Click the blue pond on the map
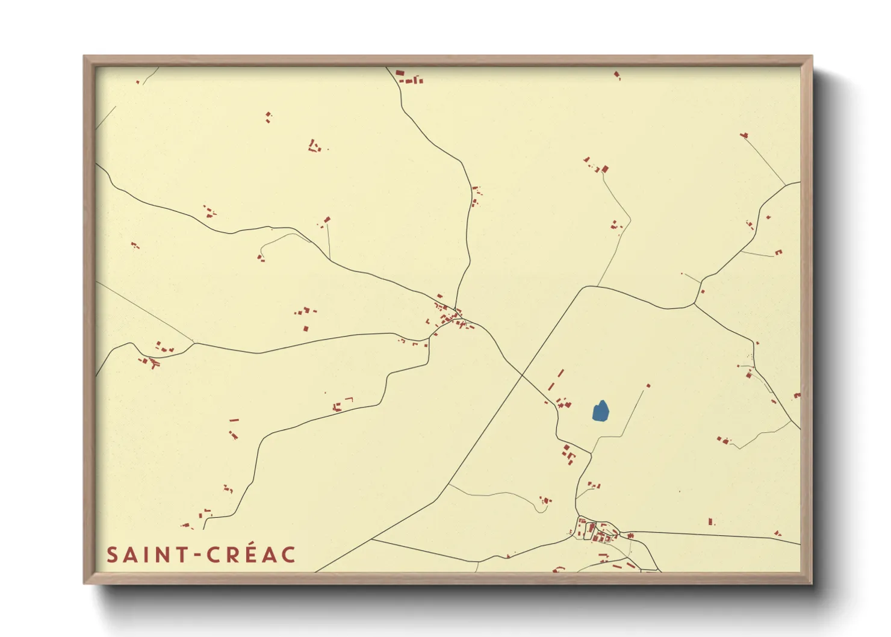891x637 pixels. (x=601, y=411)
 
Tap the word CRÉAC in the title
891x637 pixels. (x=252, y=555)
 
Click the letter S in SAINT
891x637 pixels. (x=112, y=555)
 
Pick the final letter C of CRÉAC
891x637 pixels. (x=288, y=555)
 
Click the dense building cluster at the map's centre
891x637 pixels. (x=450, y=317)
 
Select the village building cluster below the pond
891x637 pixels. (x=596, y=532)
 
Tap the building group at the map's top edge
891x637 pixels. (x=409, y=77)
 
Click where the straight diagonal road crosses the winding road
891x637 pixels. (x=521, y=374)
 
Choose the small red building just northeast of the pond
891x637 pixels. (x=648, y=385)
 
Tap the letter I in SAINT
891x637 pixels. (x=147, y=555)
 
